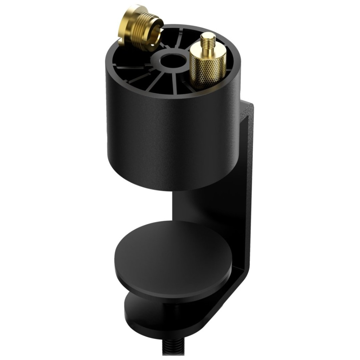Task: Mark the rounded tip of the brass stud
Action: tap(208, 35)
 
